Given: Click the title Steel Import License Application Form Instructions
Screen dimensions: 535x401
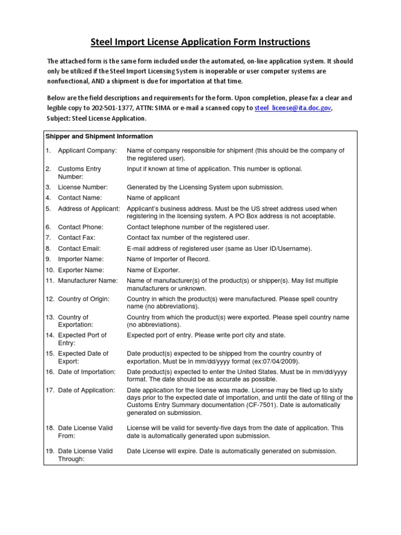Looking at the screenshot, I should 200,41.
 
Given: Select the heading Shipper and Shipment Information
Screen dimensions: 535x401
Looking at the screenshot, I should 99,136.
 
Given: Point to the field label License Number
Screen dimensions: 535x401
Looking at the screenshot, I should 82,187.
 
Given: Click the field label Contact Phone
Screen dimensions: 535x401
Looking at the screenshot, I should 80,227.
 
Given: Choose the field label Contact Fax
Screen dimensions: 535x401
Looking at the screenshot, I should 76,238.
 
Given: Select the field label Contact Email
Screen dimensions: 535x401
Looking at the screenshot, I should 79,249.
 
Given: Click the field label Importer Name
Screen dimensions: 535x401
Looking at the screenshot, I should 80,259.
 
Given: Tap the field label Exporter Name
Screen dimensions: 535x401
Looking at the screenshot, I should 80,270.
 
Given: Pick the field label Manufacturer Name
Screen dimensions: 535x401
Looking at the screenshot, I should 88,281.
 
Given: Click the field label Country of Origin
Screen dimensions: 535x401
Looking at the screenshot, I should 84,299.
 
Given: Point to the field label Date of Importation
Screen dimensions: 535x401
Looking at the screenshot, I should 87,371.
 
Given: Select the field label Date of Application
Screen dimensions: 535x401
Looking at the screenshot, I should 86,390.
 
